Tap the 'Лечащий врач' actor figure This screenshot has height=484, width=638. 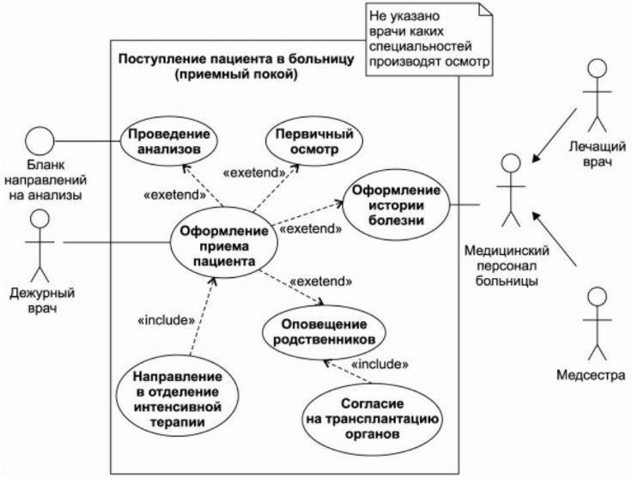(x=599, y=94)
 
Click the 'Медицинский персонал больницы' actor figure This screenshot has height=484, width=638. (x=511, y=192)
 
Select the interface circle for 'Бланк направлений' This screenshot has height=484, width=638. (x=39, y=140)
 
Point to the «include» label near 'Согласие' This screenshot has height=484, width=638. (x=379, y=365)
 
